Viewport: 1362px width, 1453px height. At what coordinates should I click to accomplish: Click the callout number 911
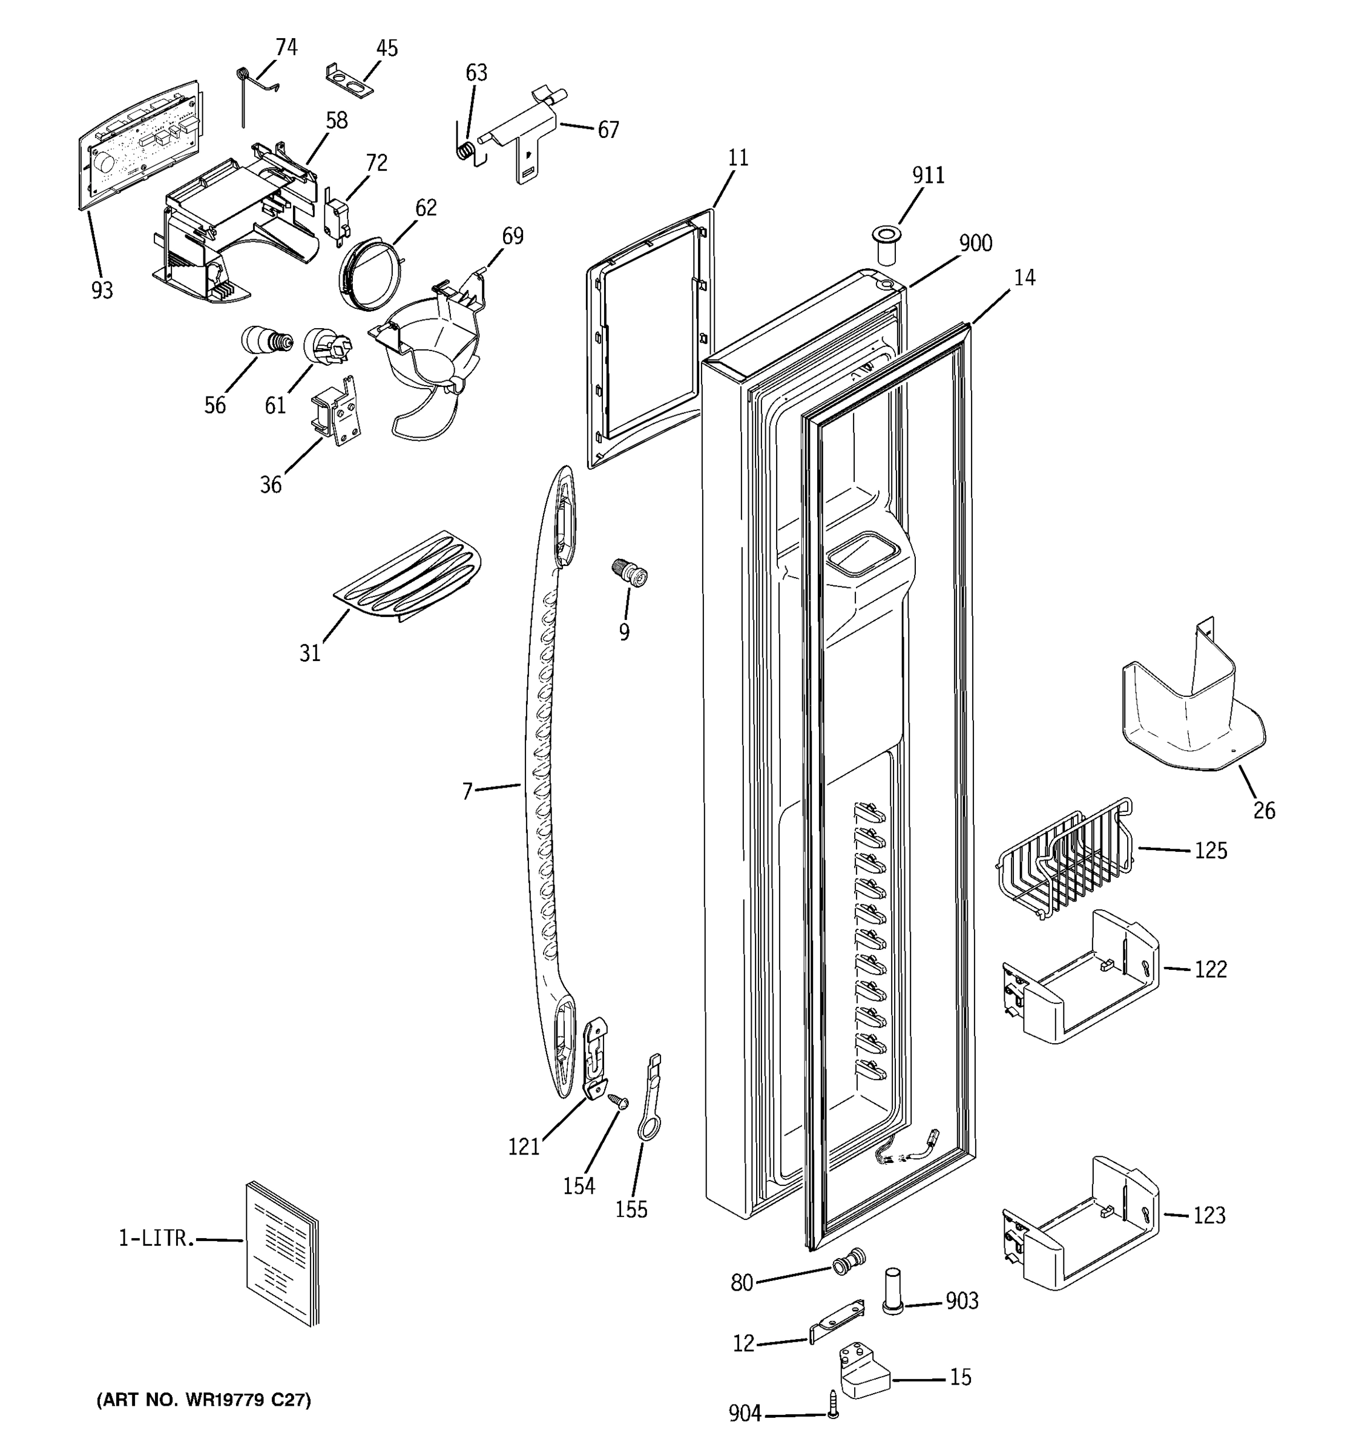(927, 176)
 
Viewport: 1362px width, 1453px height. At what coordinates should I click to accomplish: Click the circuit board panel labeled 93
(139, 142)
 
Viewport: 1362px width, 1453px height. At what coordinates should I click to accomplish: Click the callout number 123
(1209, 1216)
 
